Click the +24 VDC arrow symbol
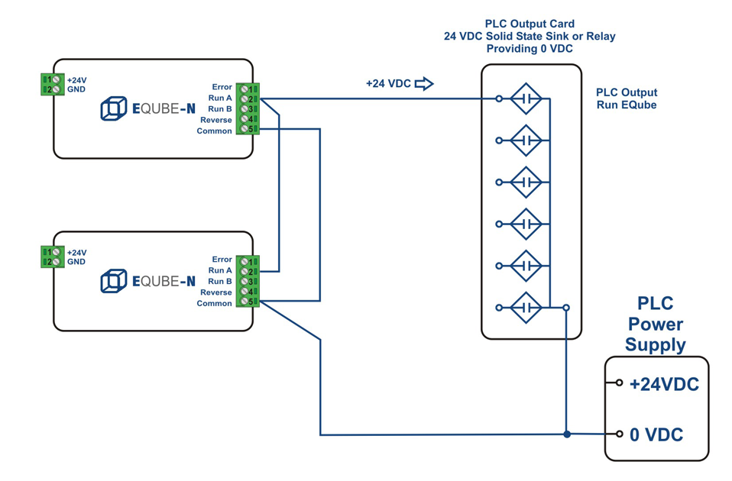click(424, 84)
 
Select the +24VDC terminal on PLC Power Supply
click(620, 383)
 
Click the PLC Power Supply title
click(656, 324)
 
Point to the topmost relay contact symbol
click(526, 98)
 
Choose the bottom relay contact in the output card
click(526, 308)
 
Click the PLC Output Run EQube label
click(627, 98)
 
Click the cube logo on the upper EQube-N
click(113, 109)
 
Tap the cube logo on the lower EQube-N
click(113, 282)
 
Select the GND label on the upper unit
click(76, 90)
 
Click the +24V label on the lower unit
click(76, 253)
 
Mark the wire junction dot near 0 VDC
click(566, 434)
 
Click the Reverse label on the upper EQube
click(216, 120)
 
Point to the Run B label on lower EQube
click(220, 282)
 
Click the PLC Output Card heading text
click(530, 24)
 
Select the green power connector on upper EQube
click(52, 85)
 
